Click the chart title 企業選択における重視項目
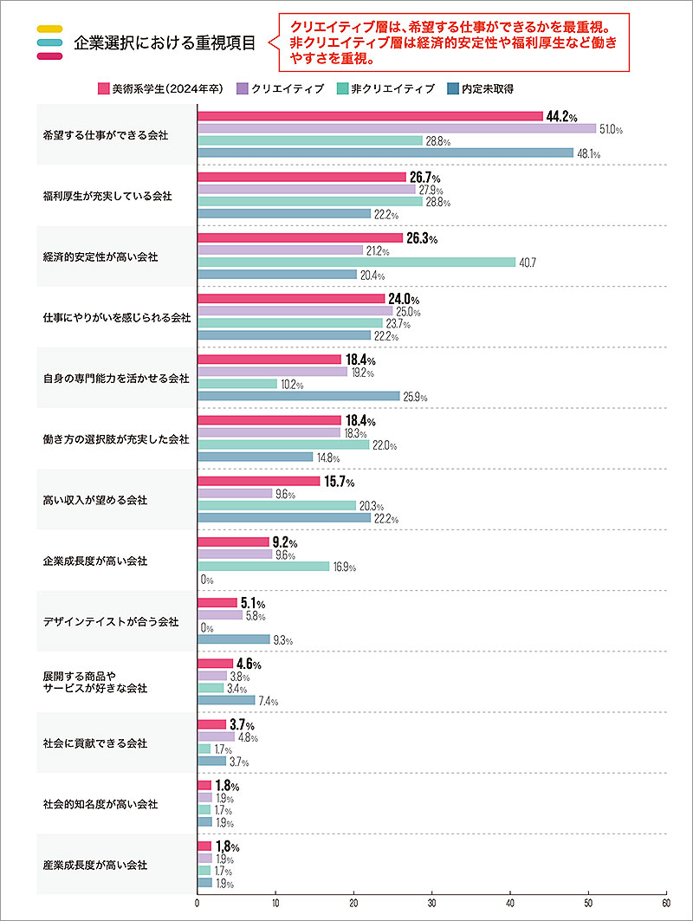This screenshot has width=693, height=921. coord(165,42)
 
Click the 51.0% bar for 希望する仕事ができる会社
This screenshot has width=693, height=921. coord(397,128)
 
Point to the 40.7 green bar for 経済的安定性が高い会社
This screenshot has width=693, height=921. coord(356,262)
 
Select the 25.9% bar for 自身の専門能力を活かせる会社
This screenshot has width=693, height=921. coord(299,396)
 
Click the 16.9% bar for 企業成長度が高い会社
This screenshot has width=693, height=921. coord(263,567)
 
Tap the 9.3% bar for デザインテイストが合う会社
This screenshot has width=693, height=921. coord(234,639)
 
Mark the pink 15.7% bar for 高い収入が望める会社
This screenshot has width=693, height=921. coord(259,481)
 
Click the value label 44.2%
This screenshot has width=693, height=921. coord(561,116)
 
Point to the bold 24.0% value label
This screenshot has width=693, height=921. coord(403,299)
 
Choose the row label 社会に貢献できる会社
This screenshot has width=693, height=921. coord(95,743)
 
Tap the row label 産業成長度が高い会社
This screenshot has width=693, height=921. coord(95,865)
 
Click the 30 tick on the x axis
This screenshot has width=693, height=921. coord(432,902)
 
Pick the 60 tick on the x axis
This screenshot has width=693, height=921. coord(665,902)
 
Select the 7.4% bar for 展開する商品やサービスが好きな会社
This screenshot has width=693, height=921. coord(226,700)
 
